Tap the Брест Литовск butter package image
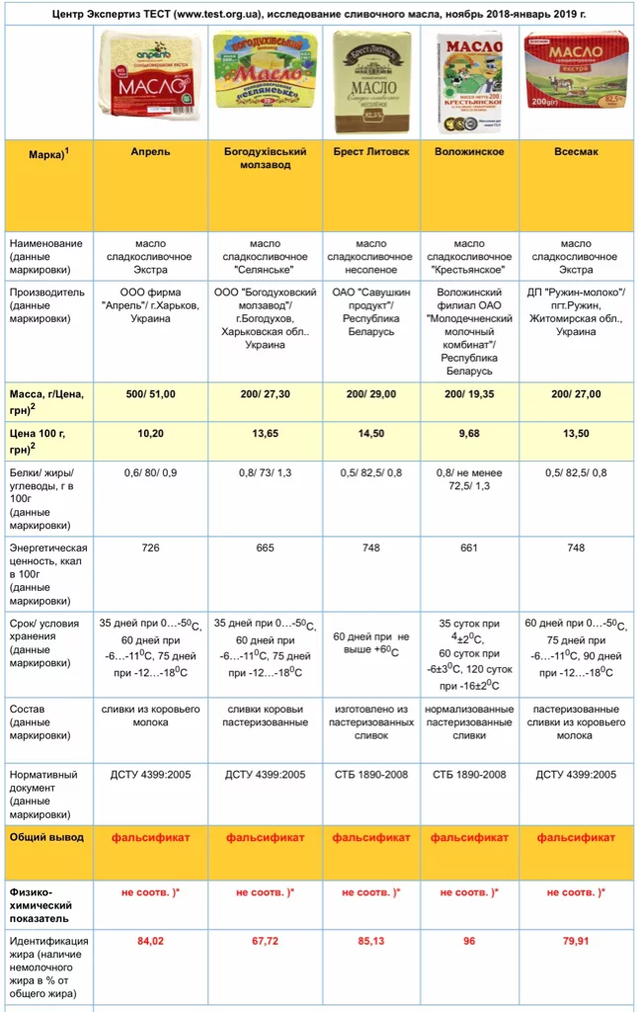point(370,82)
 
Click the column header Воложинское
point(469,152)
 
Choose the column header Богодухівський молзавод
point(265,158)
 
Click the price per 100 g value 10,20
point(150,433)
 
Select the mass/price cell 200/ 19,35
point(469,393)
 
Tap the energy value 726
point(150,548)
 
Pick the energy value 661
point(469,548)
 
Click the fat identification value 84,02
point(150,941)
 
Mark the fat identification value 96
point(469,941)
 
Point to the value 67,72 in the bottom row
point(265,941)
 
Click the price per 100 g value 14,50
point(370,433)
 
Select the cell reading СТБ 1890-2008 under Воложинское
point(469,775)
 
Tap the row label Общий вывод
point(46,837)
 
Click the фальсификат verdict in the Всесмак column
point(576,837)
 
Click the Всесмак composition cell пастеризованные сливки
point(576,722)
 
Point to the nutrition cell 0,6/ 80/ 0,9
point(150,472)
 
